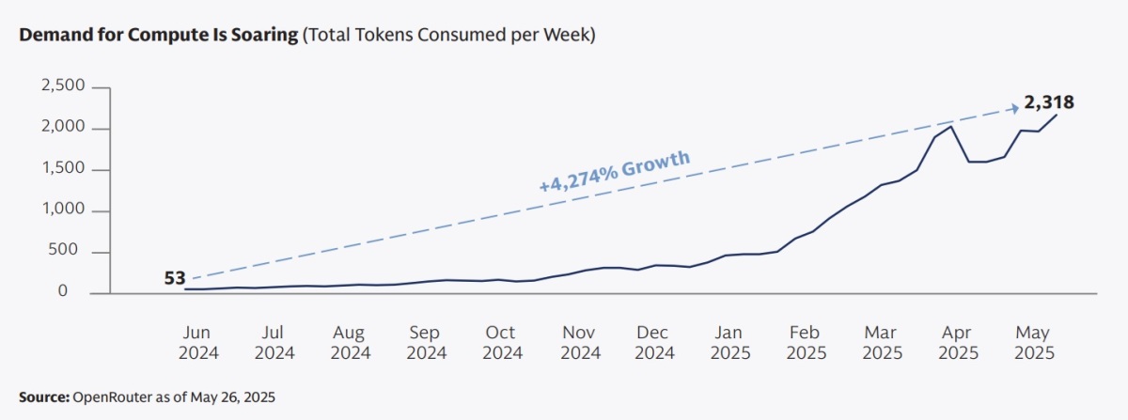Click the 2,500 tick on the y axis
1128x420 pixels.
tap(63, 86)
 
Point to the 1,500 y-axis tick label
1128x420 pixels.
tap(63, 170)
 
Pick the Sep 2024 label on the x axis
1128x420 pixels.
tap(426, 343)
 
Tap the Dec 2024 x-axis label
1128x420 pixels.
tap(654, 343)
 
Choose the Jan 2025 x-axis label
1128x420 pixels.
tap(730, 343)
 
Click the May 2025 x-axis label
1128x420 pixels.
tap(1034, 343)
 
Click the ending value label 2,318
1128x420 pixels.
tap(1049, 102)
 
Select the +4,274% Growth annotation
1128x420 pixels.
tap(615, 170)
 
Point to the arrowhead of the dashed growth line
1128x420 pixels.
tap(1012, 106)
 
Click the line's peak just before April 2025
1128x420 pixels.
tap(952, 126)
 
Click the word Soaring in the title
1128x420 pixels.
tap(257, 36)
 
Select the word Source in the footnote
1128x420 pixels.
tap(42, 397)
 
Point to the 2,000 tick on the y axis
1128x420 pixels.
tap(63, 129)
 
